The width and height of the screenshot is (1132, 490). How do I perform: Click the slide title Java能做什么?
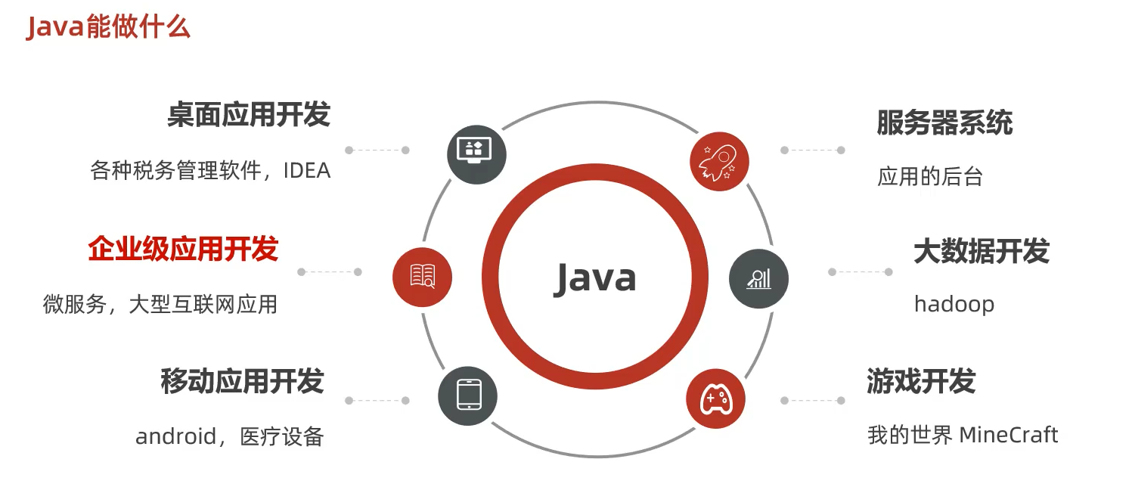coord(108,27)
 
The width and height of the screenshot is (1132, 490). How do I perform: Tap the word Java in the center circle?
coord(595,278)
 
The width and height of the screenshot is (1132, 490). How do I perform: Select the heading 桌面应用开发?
coord(249,116)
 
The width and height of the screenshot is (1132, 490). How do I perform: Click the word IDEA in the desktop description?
coord(307,171)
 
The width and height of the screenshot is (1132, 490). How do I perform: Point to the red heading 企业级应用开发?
coord(183,249)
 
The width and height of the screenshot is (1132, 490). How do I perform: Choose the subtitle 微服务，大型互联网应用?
coord(160,304)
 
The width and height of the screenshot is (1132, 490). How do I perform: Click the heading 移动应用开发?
coord(242,381)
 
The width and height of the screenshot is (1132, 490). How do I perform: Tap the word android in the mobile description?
coord(175,436)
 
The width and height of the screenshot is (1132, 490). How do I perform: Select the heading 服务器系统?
coord(944,122)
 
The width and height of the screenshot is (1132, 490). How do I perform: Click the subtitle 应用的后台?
coord(930,177)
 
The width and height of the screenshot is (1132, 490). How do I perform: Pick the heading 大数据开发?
coord(982,251)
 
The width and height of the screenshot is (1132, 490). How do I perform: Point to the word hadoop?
coord(954,304)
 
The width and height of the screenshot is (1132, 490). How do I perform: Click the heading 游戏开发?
coord(921,381)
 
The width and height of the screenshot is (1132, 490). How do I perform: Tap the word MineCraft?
coord(1009,436)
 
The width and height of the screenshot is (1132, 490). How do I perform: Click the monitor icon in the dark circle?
coord(476,152)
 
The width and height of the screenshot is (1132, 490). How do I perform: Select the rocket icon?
coord(718,161)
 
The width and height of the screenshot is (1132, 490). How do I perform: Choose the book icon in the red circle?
coord(422,276)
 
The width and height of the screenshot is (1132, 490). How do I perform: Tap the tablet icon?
coord(468,395)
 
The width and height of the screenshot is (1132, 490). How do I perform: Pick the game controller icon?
coord(715,399)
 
